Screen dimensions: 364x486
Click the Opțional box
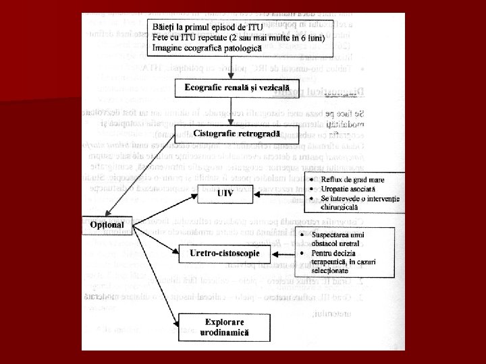tap(108, 224)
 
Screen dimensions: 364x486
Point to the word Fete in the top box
tap(163, 36)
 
